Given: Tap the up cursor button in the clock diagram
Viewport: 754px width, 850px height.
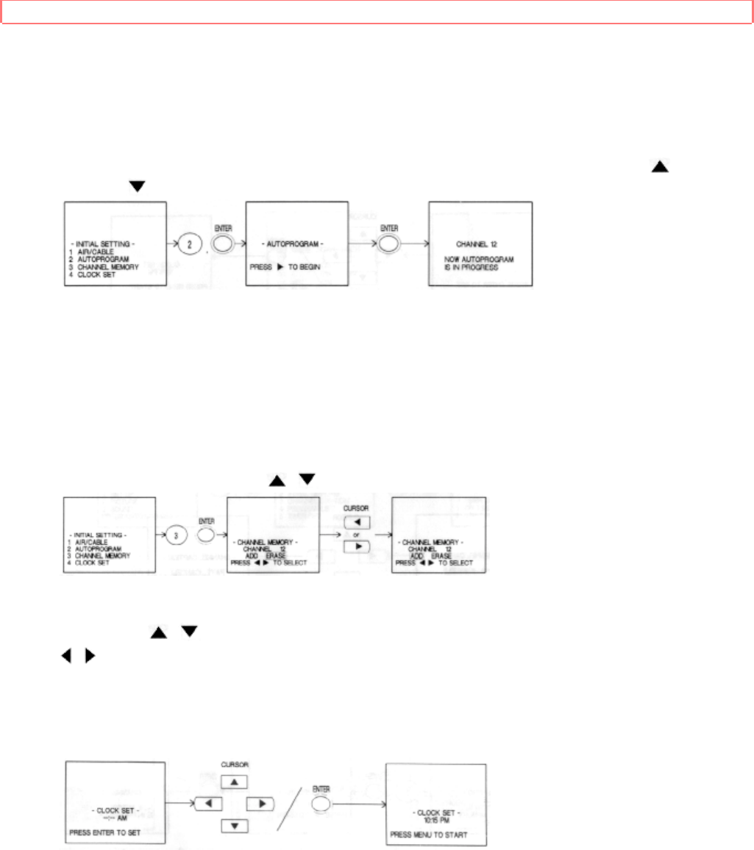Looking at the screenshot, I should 234,782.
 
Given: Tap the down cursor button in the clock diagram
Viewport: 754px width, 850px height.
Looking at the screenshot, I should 234,826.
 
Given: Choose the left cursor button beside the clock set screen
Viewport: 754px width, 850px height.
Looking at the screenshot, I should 210,804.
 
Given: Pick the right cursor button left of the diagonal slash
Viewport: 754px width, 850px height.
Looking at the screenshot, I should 260,804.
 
